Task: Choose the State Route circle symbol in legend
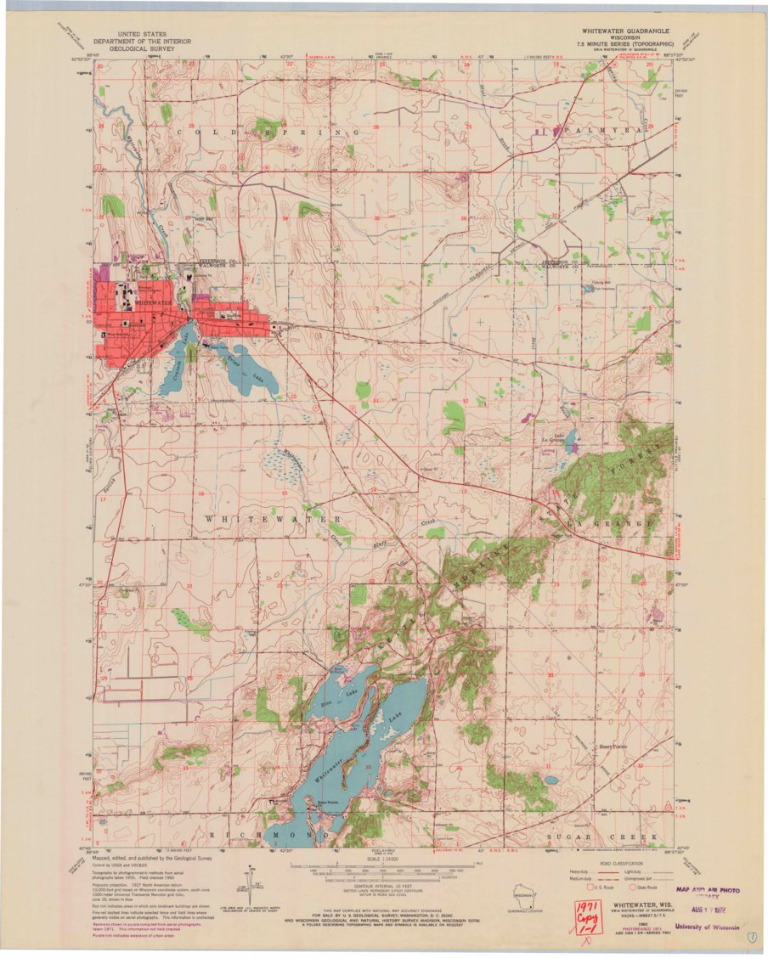pos(631,887)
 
